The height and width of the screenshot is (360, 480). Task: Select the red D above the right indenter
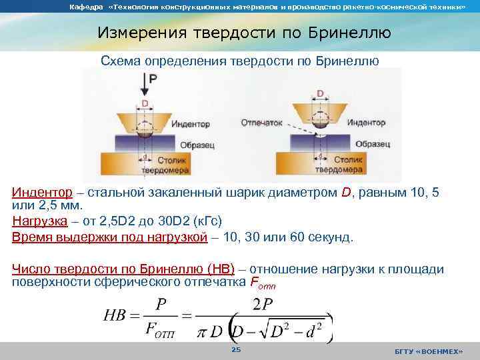click(320, 93)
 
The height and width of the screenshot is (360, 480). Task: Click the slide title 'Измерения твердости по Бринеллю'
click(244, 32)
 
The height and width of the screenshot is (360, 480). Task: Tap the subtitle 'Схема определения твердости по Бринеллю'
click(240, 61)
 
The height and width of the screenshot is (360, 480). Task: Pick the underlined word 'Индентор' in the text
click(42, 193)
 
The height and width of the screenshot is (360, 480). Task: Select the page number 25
click(235, 350)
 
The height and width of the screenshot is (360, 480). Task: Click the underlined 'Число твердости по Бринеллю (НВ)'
click(123, 269)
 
